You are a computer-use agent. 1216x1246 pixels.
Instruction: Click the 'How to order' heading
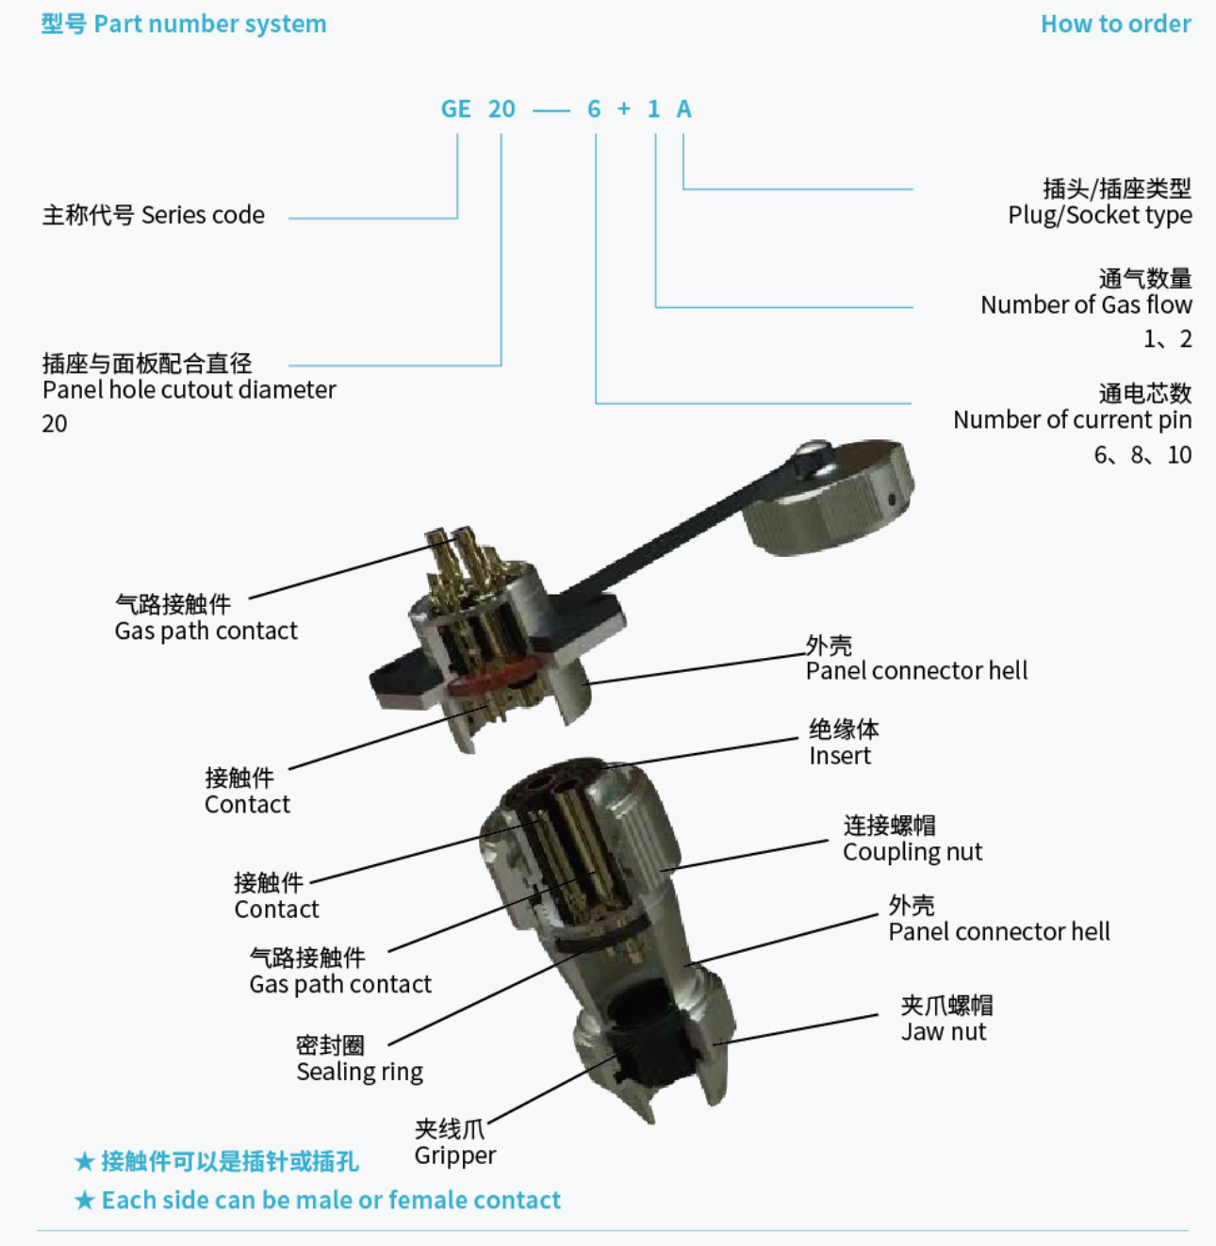pos(1115,24)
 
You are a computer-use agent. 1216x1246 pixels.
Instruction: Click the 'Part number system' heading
pos(210,25)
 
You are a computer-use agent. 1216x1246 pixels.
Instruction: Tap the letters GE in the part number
pos(456,108)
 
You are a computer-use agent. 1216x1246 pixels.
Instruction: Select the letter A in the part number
pos(683,108)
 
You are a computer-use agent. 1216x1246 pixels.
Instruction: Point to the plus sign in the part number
pos(624,108)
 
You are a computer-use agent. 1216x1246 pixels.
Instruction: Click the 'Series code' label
pos(203,215)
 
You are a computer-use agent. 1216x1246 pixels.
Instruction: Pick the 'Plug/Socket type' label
pos(1100,215)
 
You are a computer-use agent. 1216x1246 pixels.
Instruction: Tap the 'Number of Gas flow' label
pos(1086,304)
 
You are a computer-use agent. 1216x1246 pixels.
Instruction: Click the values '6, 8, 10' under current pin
pos(1142,454)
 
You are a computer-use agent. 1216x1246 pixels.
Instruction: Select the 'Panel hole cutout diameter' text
pos(189,389)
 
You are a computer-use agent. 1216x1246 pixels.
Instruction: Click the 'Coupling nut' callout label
pos(912,852)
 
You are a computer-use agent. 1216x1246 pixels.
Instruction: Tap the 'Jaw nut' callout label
pos(944,1032)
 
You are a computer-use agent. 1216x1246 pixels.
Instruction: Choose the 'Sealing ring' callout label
pos(359,1072)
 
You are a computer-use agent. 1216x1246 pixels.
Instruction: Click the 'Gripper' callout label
pos(454,1156)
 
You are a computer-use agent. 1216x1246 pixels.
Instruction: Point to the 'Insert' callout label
pos(840,756)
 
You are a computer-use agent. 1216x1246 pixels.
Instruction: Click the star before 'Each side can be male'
pos(85,1201)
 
